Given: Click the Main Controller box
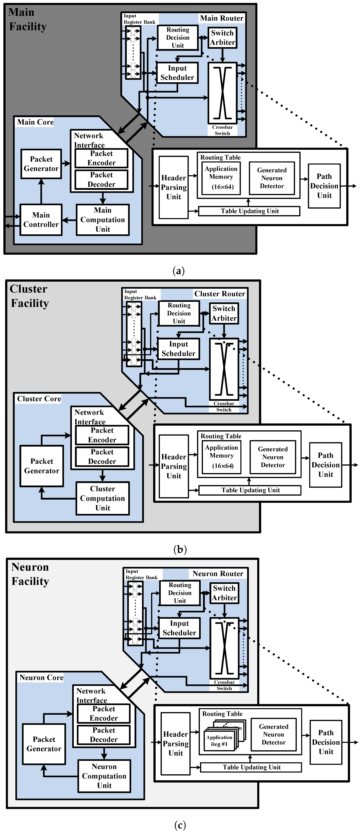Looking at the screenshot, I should (41, 220).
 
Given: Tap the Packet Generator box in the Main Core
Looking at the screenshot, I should (41, 164).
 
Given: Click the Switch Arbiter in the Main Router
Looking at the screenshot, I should (222, 37).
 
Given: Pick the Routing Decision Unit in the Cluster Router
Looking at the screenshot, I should (179, 313).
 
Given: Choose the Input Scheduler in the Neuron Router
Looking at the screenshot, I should (179, 628).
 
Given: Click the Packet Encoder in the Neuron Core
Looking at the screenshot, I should (104, 713).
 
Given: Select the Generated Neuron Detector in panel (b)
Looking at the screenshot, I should (273, 457).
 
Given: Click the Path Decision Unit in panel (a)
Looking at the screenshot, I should (324, 186).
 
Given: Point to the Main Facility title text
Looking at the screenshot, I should (28, 19).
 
